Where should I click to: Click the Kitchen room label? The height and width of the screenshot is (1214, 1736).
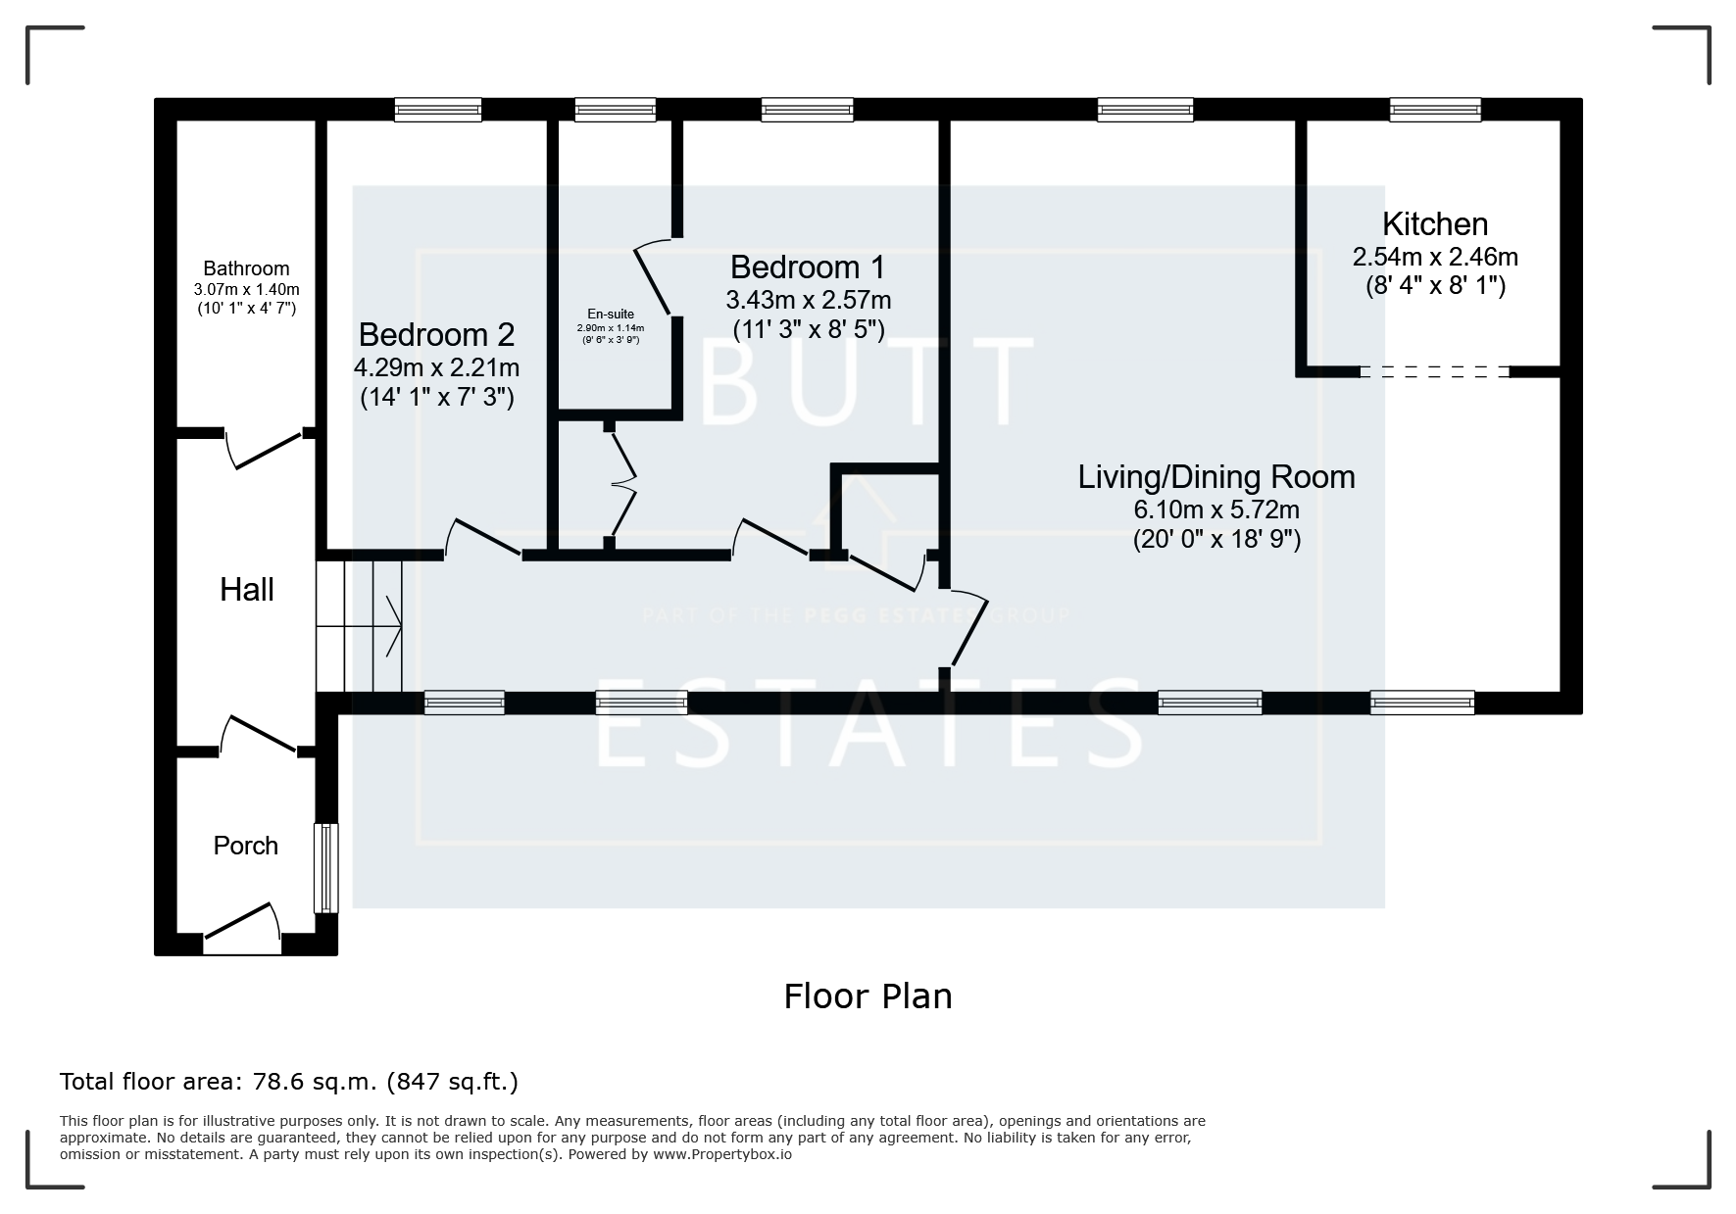coord(1435,224)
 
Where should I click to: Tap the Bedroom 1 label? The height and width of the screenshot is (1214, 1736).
coord(808,267)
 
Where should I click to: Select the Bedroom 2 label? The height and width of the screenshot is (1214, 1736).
coord(436,335)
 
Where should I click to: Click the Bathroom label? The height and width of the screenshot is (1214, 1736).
coord(246,268)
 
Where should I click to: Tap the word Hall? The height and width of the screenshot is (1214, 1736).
coord(247,590)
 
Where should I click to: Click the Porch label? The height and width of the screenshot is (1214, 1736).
coord(246,846)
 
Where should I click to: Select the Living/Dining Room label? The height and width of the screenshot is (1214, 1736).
coord(1216,477)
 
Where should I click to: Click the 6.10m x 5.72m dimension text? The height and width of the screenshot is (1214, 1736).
coord(1216,510)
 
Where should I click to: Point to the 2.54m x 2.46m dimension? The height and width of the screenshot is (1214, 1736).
coord(1435,257)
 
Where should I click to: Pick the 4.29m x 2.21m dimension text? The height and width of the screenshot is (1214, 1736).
coord(436,367)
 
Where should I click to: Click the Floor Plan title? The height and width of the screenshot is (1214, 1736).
coord(868,996)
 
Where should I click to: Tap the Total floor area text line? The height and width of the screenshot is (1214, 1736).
coord(289,1082)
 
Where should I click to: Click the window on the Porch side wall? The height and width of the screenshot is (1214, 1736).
coord(325,868)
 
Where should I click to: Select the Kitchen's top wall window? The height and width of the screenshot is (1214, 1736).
coord(1435,110)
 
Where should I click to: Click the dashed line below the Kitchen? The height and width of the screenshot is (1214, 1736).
coord(1435,372)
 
